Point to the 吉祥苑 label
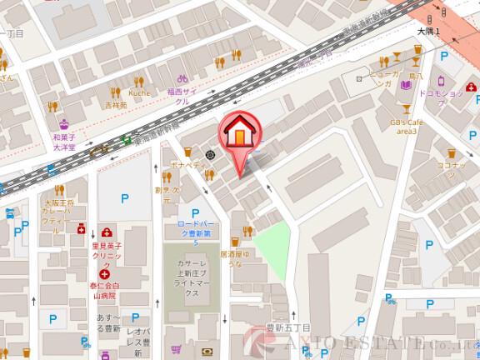click(116, 106)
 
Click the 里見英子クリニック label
click(107, 252)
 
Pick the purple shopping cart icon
click(176, 350)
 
